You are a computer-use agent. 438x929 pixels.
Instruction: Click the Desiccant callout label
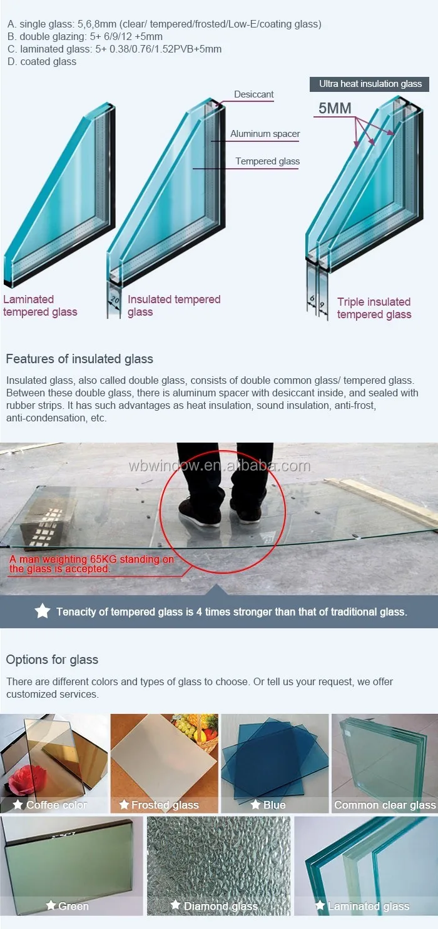253,94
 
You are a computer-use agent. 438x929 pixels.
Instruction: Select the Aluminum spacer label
265,134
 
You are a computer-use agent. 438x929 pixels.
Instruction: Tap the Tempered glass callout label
267,161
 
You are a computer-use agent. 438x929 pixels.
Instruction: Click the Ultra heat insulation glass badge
370,84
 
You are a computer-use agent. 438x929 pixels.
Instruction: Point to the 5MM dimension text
335,109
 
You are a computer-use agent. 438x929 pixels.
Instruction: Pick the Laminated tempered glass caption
40,306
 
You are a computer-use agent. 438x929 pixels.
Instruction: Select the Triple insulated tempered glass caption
374,308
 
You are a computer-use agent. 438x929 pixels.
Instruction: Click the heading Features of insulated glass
79,359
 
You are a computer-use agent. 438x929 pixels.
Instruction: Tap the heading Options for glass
52,660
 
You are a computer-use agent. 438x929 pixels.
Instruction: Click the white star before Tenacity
43,611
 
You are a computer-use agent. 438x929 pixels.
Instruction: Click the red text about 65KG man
91,564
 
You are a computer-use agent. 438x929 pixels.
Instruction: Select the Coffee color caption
56,805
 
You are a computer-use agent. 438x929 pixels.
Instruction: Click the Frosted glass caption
165,805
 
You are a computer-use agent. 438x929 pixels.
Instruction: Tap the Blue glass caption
274,805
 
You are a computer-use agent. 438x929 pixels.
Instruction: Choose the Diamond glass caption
220,906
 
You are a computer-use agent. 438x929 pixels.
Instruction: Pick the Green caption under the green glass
73,906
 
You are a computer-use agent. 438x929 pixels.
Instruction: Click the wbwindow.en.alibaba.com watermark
219,466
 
